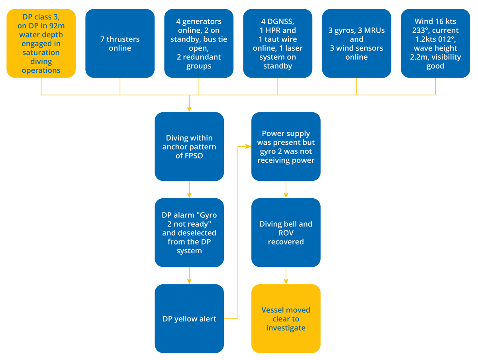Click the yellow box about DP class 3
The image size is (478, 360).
tap(41, 43)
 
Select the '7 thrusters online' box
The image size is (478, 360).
tap(120, 43)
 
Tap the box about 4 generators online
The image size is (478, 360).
tap(198, 43)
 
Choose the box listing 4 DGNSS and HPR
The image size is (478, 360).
tap(278, 43)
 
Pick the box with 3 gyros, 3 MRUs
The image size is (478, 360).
tap(357, 43)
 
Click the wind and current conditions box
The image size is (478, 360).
tap(435, 43)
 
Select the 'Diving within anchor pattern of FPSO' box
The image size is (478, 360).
tap(189, 147)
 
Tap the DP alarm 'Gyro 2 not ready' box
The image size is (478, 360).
tap(189, 233)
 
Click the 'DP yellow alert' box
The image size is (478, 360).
tap(189, 319)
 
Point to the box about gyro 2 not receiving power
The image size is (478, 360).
tap(286, 147)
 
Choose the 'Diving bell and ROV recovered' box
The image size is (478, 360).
tap(286, 233)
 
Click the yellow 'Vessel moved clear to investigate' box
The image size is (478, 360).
tap(286, 319)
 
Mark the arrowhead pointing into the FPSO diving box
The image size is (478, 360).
tap(189, 109)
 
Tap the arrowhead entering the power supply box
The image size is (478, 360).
tap(247, 147)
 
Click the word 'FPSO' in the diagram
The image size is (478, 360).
tap(194, 156)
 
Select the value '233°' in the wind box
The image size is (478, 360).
tap(423, 30)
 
